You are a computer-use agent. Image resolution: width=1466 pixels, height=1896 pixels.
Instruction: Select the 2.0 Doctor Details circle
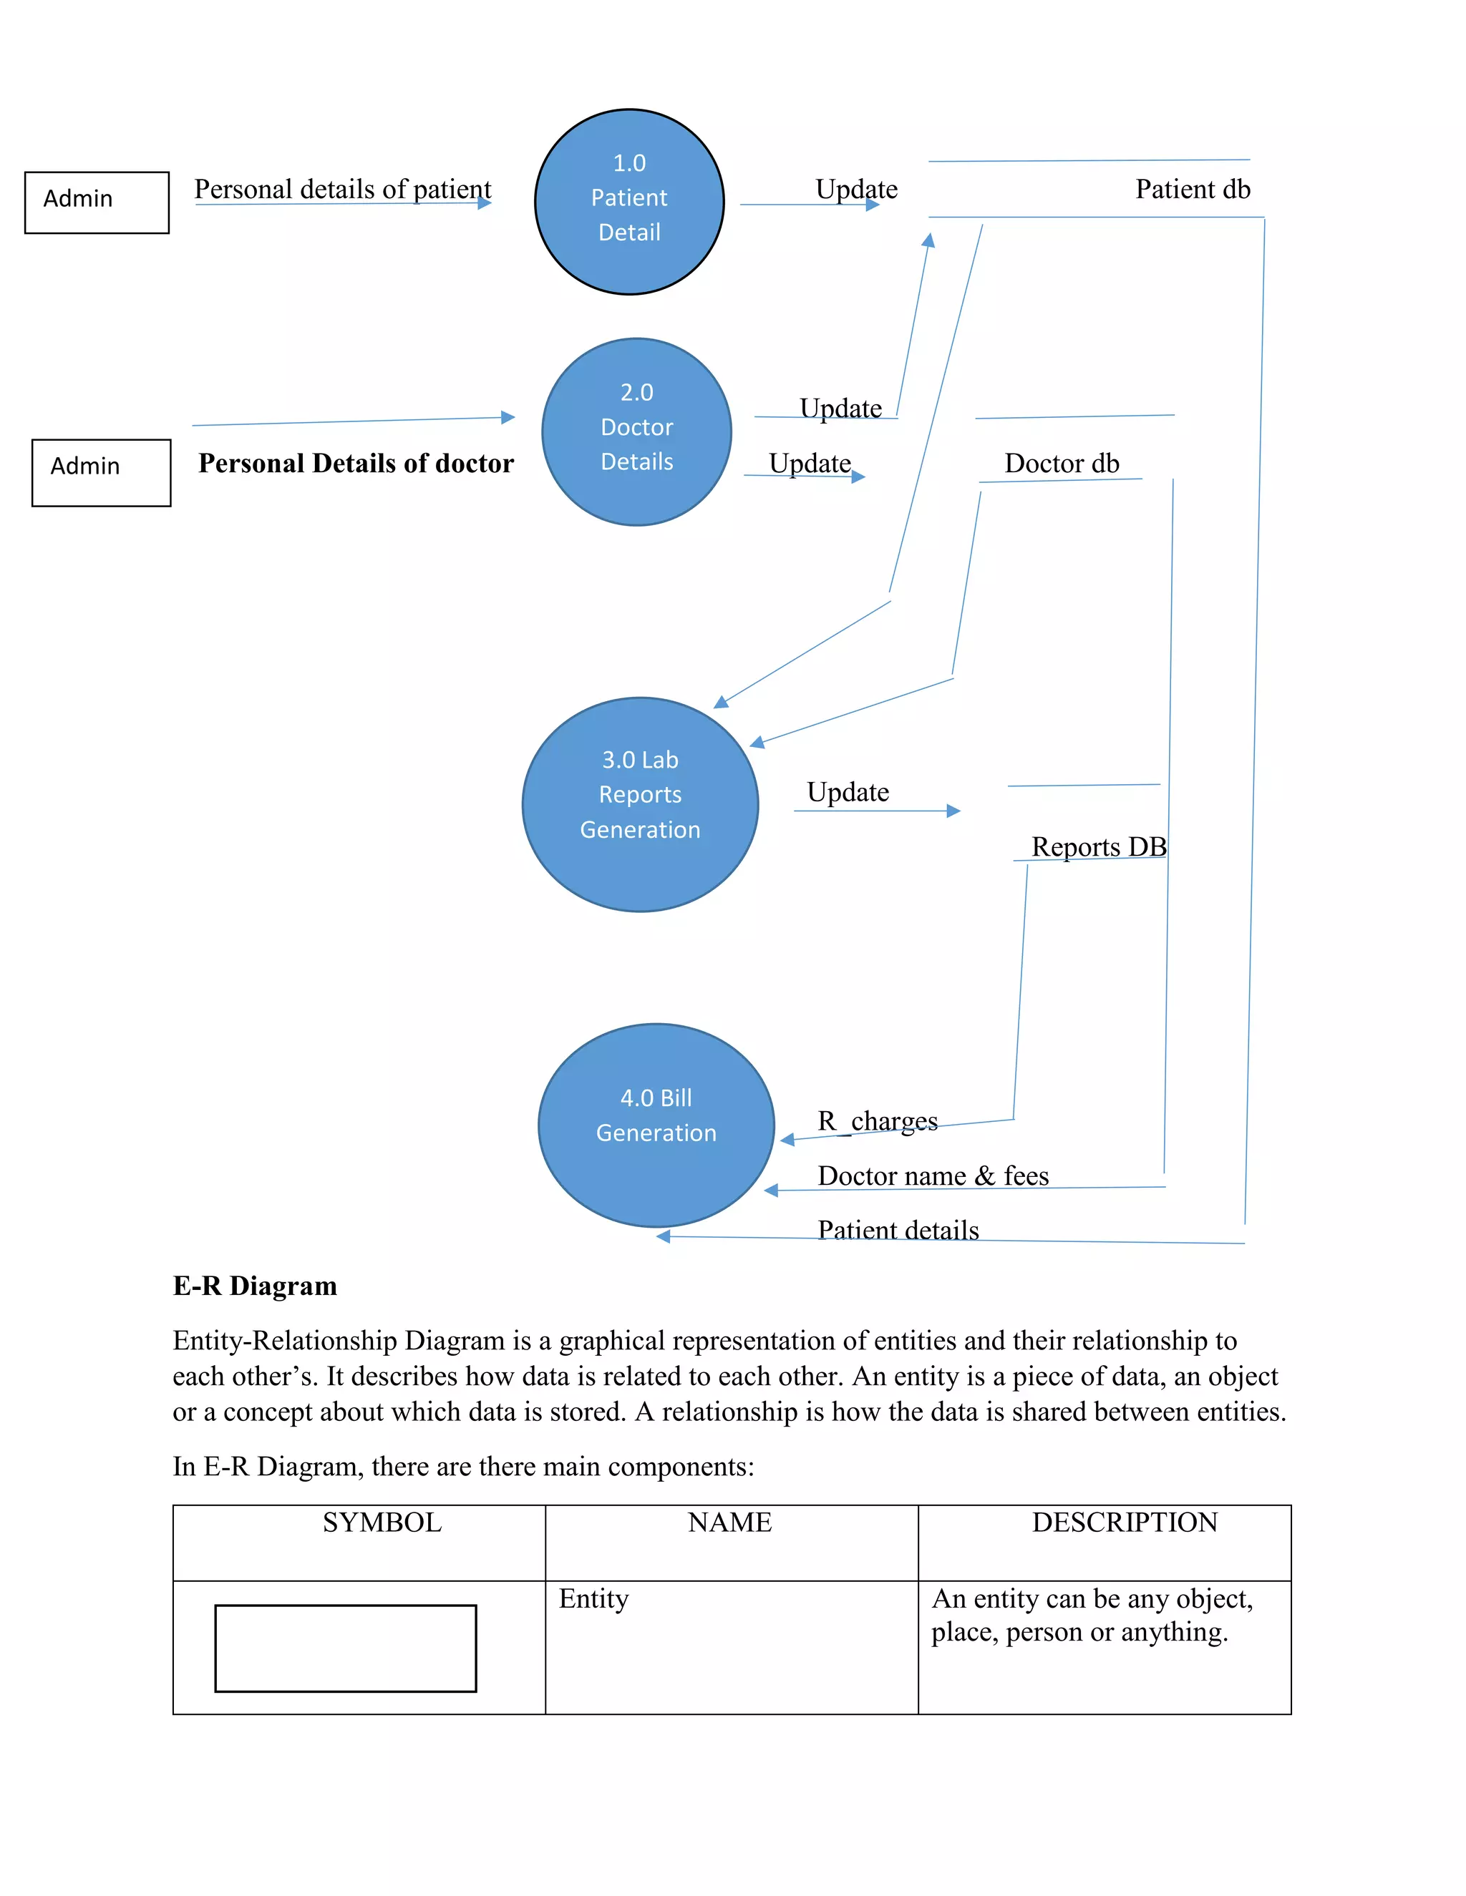click(636, 431)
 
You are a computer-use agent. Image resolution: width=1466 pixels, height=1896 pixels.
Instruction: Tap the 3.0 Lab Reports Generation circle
click(640, 804)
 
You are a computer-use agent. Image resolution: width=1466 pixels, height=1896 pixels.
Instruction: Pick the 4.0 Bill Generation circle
click(656, 1125)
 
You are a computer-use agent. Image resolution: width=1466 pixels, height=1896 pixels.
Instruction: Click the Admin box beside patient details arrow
click(97, 202)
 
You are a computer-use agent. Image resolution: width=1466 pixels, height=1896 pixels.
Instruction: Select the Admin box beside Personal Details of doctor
click(101, 471)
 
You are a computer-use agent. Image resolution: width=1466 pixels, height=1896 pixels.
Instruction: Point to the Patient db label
click(1193, 190)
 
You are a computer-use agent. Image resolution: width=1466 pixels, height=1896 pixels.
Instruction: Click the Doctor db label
click(1062, 464)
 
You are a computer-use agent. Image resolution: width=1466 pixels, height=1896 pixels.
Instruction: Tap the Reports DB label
click(1098, 846)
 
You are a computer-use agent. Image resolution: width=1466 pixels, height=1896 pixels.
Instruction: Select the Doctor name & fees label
click(933, 1176)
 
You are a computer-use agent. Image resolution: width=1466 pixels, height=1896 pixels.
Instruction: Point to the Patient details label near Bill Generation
click(898, 1229)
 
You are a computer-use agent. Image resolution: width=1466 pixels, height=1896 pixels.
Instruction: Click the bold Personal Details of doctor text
click(356, 464)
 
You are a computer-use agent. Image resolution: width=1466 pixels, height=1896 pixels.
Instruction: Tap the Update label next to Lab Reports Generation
click(848, 792)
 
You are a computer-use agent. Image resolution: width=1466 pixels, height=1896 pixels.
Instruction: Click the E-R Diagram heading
click(254, 1286)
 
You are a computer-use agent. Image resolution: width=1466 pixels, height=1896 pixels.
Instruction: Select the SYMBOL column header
click(382, 1523)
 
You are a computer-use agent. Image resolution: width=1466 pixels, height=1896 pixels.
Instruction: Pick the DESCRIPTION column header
click(1124, 1523)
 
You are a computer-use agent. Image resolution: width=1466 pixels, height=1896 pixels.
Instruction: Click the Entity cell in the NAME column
click(593, 1598)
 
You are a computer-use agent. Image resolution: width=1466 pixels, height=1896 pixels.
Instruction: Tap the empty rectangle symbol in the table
click(345, 1648)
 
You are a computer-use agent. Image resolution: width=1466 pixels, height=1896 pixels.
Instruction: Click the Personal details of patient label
click(342, 190)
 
